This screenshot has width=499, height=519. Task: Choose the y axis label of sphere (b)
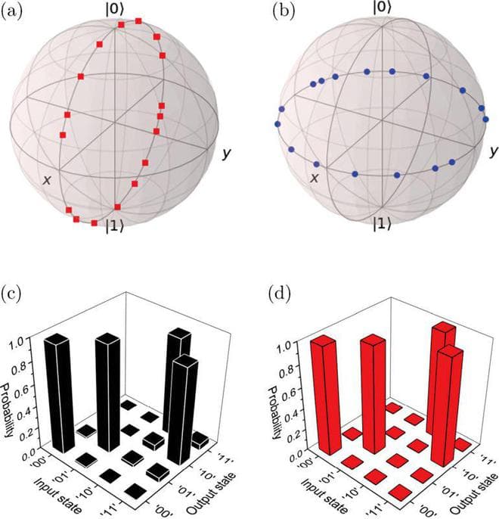(x=492, y=152)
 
